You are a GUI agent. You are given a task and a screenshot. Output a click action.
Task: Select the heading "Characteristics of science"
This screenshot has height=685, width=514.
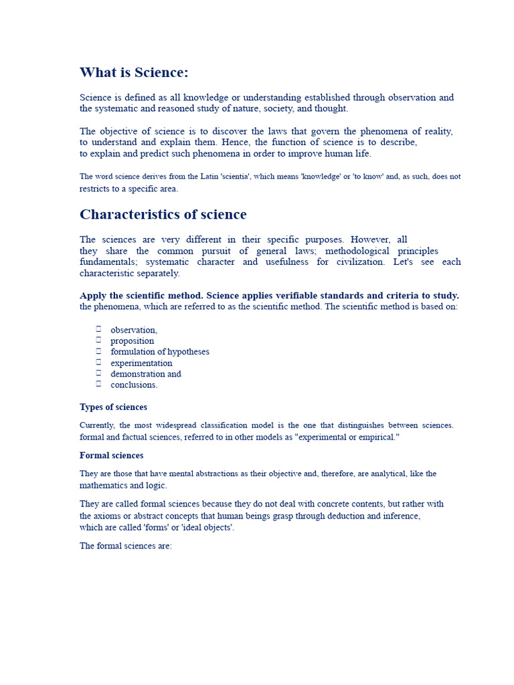163,215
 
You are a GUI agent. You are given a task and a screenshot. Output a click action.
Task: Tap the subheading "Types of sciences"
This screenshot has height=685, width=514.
113,407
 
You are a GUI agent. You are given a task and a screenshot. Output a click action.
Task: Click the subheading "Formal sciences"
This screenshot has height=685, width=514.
111,456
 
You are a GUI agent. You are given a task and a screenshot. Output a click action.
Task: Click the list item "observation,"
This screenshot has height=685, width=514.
134,330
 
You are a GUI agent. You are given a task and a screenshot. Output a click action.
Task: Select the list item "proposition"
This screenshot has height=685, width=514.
132,341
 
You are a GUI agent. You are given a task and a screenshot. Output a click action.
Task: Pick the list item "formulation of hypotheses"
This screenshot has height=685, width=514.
159,352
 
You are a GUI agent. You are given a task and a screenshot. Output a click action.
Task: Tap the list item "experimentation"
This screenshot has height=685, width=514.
141,363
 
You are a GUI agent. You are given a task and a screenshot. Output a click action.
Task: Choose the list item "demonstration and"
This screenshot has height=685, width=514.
145,374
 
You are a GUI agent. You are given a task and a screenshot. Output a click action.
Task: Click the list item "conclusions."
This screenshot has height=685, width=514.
134,385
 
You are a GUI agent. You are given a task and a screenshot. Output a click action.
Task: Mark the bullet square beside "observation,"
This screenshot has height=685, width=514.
98,328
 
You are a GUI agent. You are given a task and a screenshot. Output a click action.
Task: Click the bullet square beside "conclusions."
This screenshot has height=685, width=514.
98,384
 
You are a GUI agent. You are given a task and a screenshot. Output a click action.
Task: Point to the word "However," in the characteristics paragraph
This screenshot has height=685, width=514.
370,239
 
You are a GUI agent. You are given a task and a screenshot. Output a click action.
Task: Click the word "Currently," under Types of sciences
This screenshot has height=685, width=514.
97,425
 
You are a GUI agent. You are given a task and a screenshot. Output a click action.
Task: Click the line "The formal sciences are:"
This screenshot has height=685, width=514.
126,546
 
